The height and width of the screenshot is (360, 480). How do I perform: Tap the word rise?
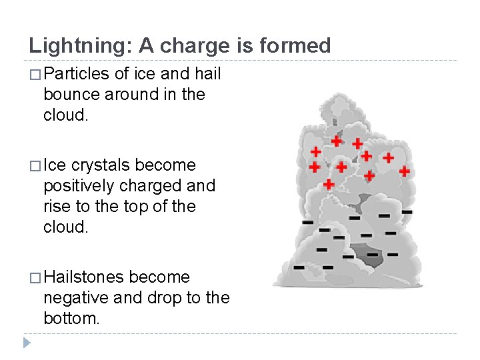pos(57,206)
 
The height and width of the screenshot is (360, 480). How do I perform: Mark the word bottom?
pos(71,318)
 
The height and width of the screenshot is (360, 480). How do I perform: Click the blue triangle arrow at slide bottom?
pos(26,343)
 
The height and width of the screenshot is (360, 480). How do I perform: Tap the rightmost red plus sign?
pos(404,171)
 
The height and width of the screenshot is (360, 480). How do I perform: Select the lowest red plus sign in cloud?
pos(329,183)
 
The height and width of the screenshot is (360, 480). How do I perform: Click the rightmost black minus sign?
pos(407,212)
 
